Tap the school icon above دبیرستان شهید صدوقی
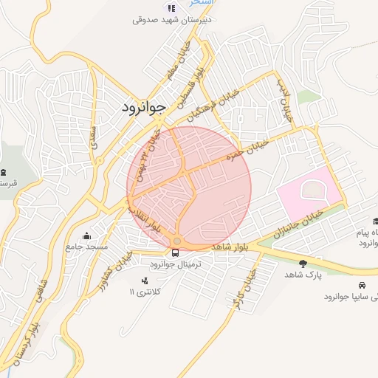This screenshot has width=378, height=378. (172, 8)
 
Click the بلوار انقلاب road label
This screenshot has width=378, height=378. (151, 215)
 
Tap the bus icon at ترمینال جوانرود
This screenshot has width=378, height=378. (176, 252)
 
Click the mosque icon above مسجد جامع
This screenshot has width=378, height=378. (87, 236)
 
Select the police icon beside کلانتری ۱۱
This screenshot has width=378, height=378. (144, 281)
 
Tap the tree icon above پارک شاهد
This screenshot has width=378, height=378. (303, 263)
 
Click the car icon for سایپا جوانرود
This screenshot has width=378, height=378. (362, 285)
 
